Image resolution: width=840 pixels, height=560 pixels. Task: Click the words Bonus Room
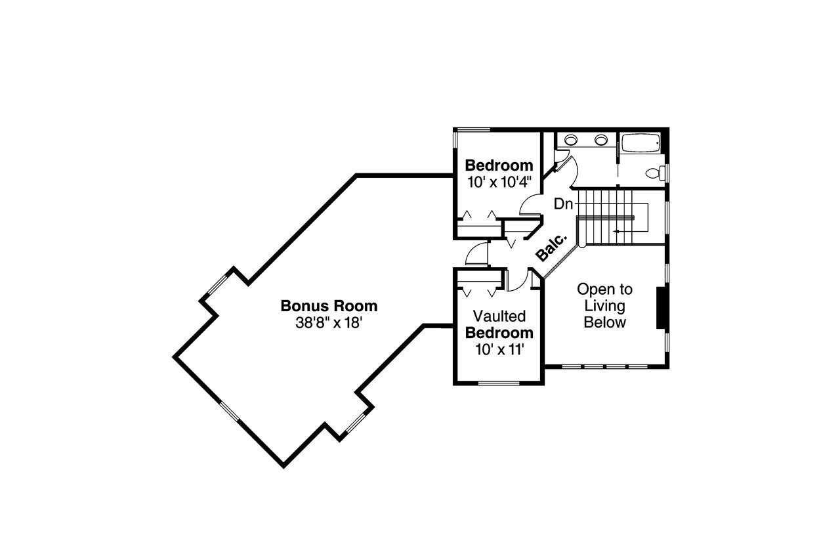tap(329, 305)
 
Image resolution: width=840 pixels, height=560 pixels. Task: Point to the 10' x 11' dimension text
tap(499, 349)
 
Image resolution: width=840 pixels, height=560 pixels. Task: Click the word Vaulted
tap(499, 316)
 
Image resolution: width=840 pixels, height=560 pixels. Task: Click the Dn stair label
tap(563, 204)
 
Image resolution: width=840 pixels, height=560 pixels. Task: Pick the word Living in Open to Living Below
tap(604, 305)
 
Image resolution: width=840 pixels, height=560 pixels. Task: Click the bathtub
tap(640, 144)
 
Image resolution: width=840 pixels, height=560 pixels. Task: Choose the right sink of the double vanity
tap(601, 139)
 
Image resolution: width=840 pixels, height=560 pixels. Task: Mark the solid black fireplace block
tap(661, 307)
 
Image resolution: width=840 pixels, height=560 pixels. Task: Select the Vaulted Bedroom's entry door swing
tap(518, 280)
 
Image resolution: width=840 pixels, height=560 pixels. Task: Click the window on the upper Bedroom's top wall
tap(472, 129)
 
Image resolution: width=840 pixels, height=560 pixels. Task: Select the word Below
tap(604, 322)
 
